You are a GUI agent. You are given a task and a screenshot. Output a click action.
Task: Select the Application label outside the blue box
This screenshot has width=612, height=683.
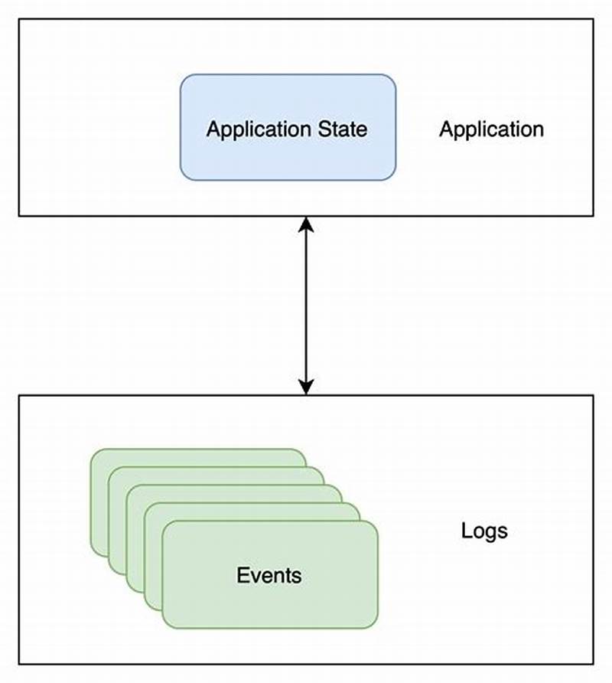click(491, 129)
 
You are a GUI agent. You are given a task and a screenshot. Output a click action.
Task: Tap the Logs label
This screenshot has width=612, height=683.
click(484, 530)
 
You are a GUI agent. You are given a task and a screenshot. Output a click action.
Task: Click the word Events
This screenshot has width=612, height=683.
click(269, 575)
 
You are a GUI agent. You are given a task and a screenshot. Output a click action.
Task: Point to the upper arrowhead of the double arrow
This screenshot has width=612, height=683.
click(306, 224)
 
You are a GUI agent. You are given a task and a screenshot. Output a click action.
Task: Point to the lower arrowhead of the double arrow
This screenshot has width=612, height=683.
click(306, 387)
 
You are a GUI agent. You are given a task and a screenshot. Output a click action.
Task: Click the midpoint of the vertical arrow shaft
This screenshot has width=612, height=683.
click(306, 306)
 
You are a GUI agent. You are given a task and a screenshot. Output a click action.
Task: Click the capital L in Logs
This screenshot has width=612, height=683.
click(466, 530)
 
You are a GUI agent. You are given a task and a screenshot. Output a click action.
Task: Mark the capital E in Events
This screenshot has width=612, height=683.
click(243, 575)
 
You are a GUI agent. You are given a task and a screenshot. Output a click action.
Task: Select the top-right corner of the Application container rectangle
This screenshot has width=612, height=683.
click(594, 19)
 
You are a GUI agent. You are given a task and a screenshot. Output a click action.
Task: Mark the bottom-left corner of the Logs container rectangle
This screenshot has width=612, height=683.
click(19, 664)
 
